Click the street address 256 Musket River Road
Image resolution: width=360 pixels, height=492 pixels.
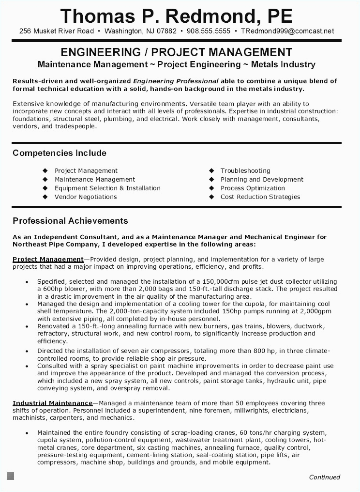coord(57,31)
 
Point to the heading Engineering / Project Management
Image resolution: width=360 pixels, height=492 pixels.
coord(177,52)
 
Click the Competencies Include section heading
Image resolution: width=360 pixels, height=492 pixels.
coord(59,153)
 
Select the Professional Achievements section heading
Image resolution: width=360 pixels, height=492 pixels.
coord(70,221)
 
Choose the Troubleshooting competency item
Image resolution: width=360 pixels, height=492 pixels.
coord(245,170)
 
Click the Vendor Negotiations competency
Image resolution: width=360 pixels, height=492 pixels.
coord(86,197)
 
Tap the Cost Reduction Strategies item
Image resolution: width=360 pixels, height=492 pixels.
coord(260,197)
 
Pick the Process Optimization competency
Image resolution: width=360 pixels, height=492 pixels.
coord(253,188)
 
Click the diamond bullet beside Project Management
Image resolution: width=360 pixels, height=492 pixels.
coord(45,170)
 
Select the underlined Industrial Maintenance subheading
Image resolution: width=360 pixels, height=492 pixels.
coord(52,403)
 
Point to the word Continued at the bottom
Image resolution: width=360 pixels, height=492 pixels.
coord(325,477)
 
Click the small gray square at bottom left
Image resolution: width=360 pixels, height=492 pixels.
coord(10,476)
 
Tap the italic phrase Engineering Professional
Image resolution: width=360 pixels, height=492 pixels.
coord(176,81)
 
